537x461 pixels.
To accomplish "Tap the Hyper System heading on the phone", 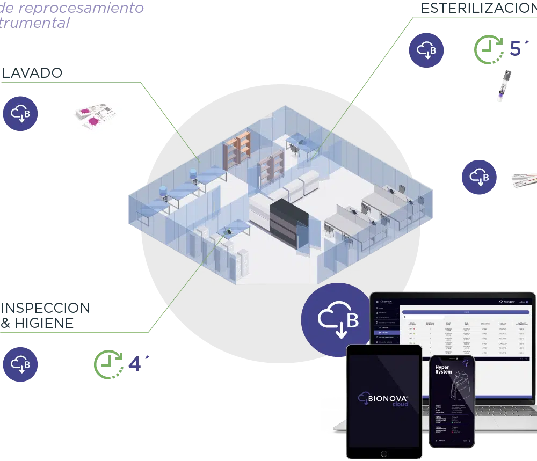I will pyautogui.click(x=443, y=369).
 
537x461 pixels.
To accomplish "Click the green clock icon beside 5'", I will pyautogui.click(x=488, y=49).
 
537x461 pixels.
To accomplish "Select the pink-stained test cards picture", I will pyautogui.click(x=95, y=115).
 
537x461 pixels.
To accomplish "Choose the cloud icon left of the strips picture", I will pyautogui.click(x=479, y=177).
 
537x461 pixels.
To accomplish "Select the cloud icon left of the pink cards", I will pyautogui.click(x=20, y=113).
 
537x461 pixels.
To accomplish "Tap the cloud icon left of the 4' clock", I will pyautogui.click(x=20, y=364).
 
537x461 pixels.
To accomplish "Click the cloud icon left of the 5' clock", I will pyautogui.click(x=426, y=50).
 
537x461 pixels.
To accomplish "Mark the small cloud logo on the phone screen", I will pyautogui.click(x=466, y=363).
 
